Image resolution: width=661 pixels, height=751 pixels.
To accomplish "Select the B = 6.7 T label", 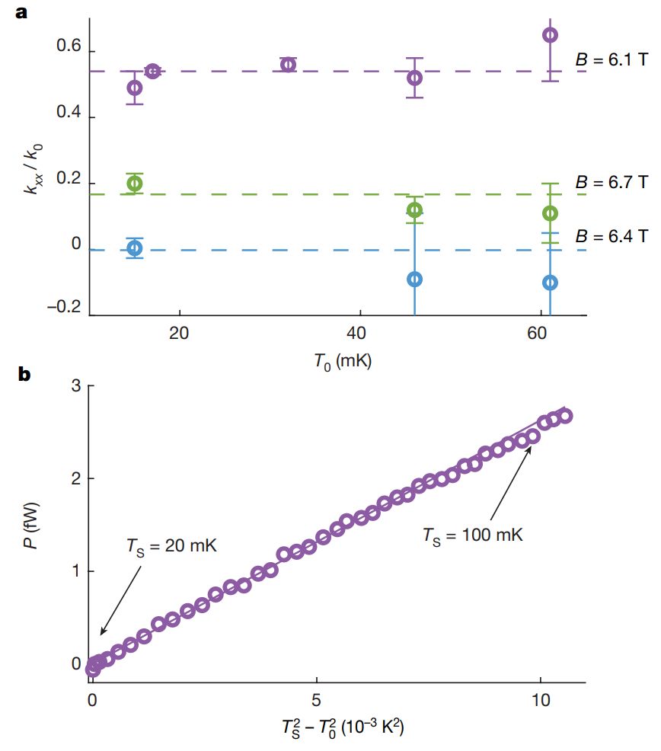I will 612,183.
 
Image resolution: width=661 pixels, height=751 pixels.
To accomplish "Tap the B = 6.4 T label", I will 612,235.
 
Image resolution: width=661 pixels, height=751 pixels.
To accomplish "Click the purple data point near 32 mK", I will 288,65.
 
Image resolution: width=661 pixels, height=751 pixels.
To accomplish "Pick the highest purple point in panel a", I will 550,35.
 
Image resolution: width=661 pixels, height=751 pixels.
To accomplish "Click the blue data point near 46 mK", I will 415,279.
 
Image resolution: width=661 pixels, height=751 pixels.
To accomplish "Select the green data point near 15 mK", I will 135,184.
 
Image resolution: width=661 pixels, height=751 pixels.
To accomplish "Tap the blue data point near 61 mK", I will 550,283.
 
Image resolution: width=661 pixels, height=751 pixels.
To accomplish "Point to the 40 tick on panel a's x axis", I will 359,334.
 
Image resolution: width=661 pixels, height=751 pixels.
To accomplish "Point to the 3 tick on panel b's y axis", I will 77,385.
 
